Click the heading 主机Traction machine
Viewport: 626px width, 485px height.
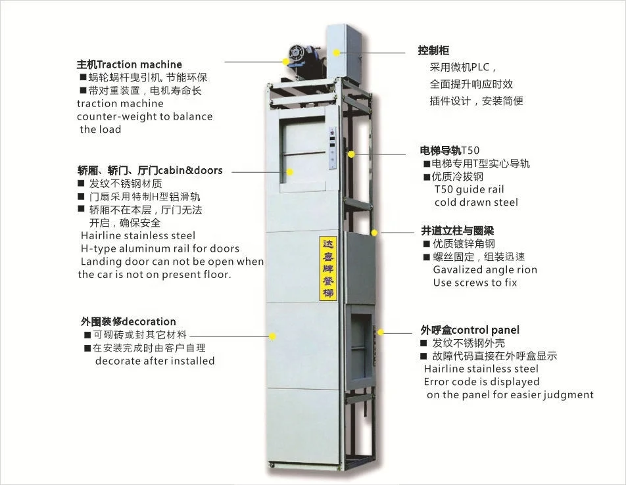tap(130, 64)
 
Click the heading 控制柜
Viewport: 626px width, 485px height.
tap(433, 51)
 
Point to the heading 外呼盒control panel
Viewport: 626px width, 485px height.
tap(469, 330)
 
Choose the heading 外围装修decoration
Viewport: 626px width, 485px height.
tap(128, 321)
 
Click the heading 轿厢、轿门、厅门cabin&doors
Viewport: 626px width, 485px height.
tap(150, 170)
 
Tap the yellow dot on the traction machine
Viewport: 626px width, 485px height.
tap(286, 61)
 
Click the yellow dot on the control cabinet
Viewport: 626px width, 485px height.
tap(336, 51)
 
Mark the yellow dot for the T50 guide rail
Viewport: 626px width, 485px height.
tap(352, 154)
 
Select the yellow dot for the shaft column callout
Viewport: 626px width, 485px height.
tap(374, 232)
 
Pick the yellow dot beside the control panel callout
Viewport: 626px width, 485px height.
tap(379, 333)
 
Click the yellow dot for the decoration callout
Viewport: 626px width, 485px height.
tap(272, 335)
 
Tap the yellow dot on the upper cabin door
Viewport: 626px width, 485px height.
tap(289, 172)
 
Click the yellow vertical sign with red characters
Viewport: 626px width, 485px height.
tap(327, 268)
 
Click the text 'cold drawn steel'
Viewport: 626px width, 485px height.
tap(475, 202)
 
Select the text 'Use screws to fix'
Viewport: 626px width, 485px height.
tap(475, 283)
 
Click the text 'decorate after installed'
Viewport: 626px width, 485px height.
tap(155, 361)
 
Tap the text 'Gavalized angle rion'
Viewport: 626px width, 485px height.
tap(485, 269)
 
